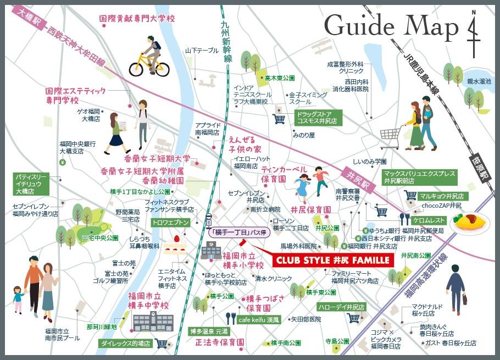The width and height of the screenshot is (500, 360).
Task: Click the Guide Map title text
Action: pyautogui.click(x=391, y=26)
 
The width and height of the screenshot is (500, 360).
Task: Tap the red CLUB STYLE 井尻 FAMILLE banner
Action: pyautogui.click(x=332, y=259)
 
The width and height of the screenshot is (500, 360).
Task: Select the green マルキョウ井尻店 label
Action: pyautogui.click(x=441, y=196)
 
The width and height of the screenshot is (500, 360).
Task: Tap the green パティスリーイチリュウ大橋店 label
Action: pyautogui.click(x=31, y=184)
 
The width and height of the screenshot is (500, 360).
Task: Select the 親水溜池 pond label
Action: pyautogui.click(x=479, y=81)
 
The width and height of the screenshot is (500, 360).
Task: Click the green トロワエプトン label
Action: pyautogui.click(x=171, y=222)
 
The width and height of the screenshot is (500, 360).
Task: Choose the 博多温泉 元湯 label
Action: pyautogui.click(x=208, y=331)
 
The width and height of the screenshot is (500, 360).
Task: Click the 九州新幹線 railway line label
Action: pyautogui.click(x=227, y=41)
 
